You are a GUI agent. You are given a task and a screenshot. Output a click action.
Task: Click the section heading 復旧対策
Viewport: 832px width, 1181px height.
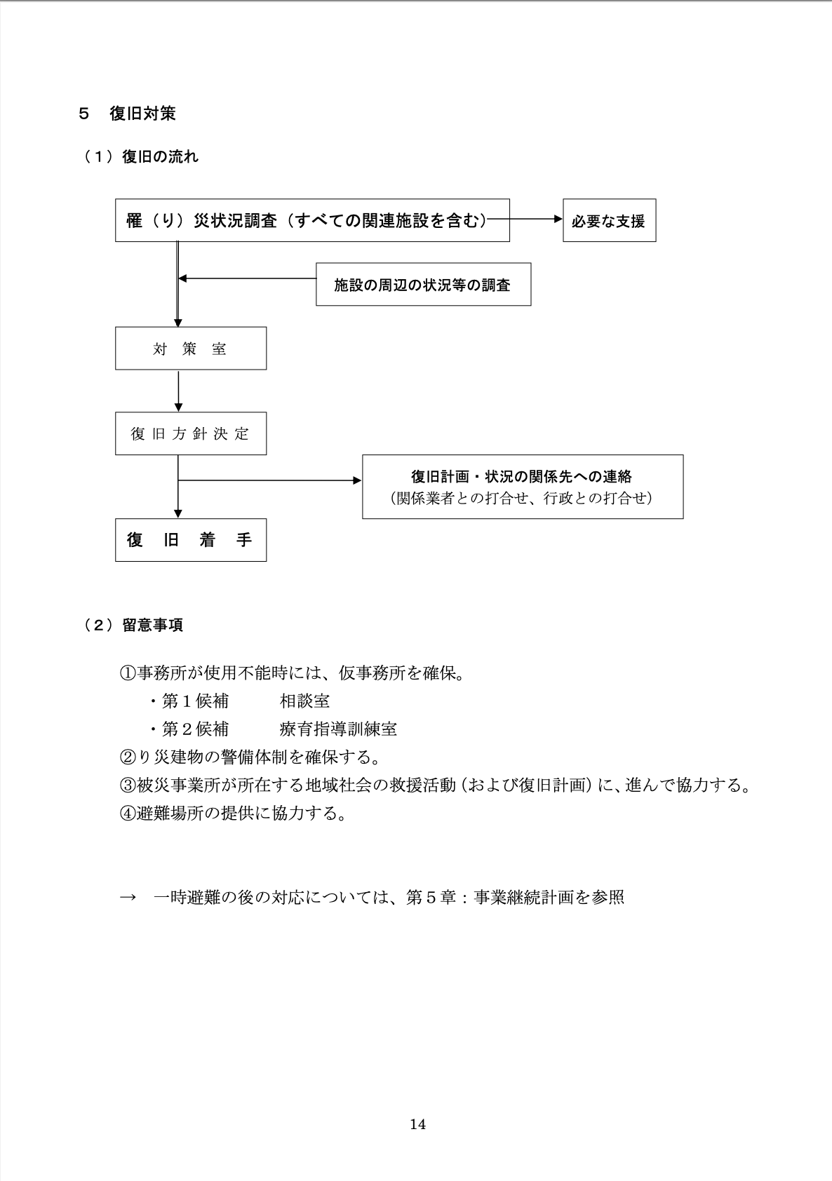(142, 114)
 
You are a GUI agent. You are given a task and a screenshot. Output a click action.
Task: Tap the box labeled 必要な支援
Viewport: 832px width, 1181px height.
(609, 221)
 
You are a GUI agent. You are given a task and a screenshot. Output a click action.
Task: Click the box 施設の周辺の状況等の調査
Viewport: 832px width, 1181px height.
(423, 285)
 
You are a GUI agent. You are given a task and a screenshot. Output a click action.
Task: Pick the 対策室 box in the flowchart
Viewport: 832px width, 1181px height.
(190, 349)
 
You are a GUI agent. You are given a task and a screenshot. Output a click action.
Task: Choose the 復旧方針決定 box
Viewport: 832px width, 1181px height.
(190, 433)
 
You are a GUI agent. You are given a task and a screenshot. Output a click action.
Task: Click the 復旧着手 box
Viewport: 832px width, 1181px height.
(190, 540)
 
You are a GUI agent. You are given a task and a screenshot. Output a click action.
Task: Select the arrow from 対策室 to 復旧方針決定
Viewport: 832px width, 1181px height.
(178, 391)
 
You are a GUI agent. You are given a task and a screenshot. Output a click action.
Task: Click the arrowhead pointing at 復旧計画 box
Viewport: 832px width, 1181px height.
(357, 480)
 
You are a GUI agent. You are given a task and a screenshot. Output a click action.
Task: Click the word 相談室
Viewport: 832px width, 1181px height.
(304, 701)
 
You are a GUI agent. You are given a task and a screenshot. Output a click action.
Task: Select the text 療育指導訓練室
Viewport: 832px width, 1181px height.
(338, 729)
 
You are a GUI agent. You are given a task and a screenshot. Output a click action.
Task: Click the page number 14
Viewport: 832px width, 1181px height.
(417, 1124)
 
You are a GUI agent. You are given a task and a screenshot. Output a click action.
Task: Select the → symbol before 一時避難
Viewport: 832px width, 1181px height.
(128, 898)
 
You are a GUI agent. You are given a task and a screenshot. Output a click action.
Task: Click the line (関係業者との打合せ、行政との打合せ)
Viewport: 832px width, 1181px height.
(522, 498)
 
